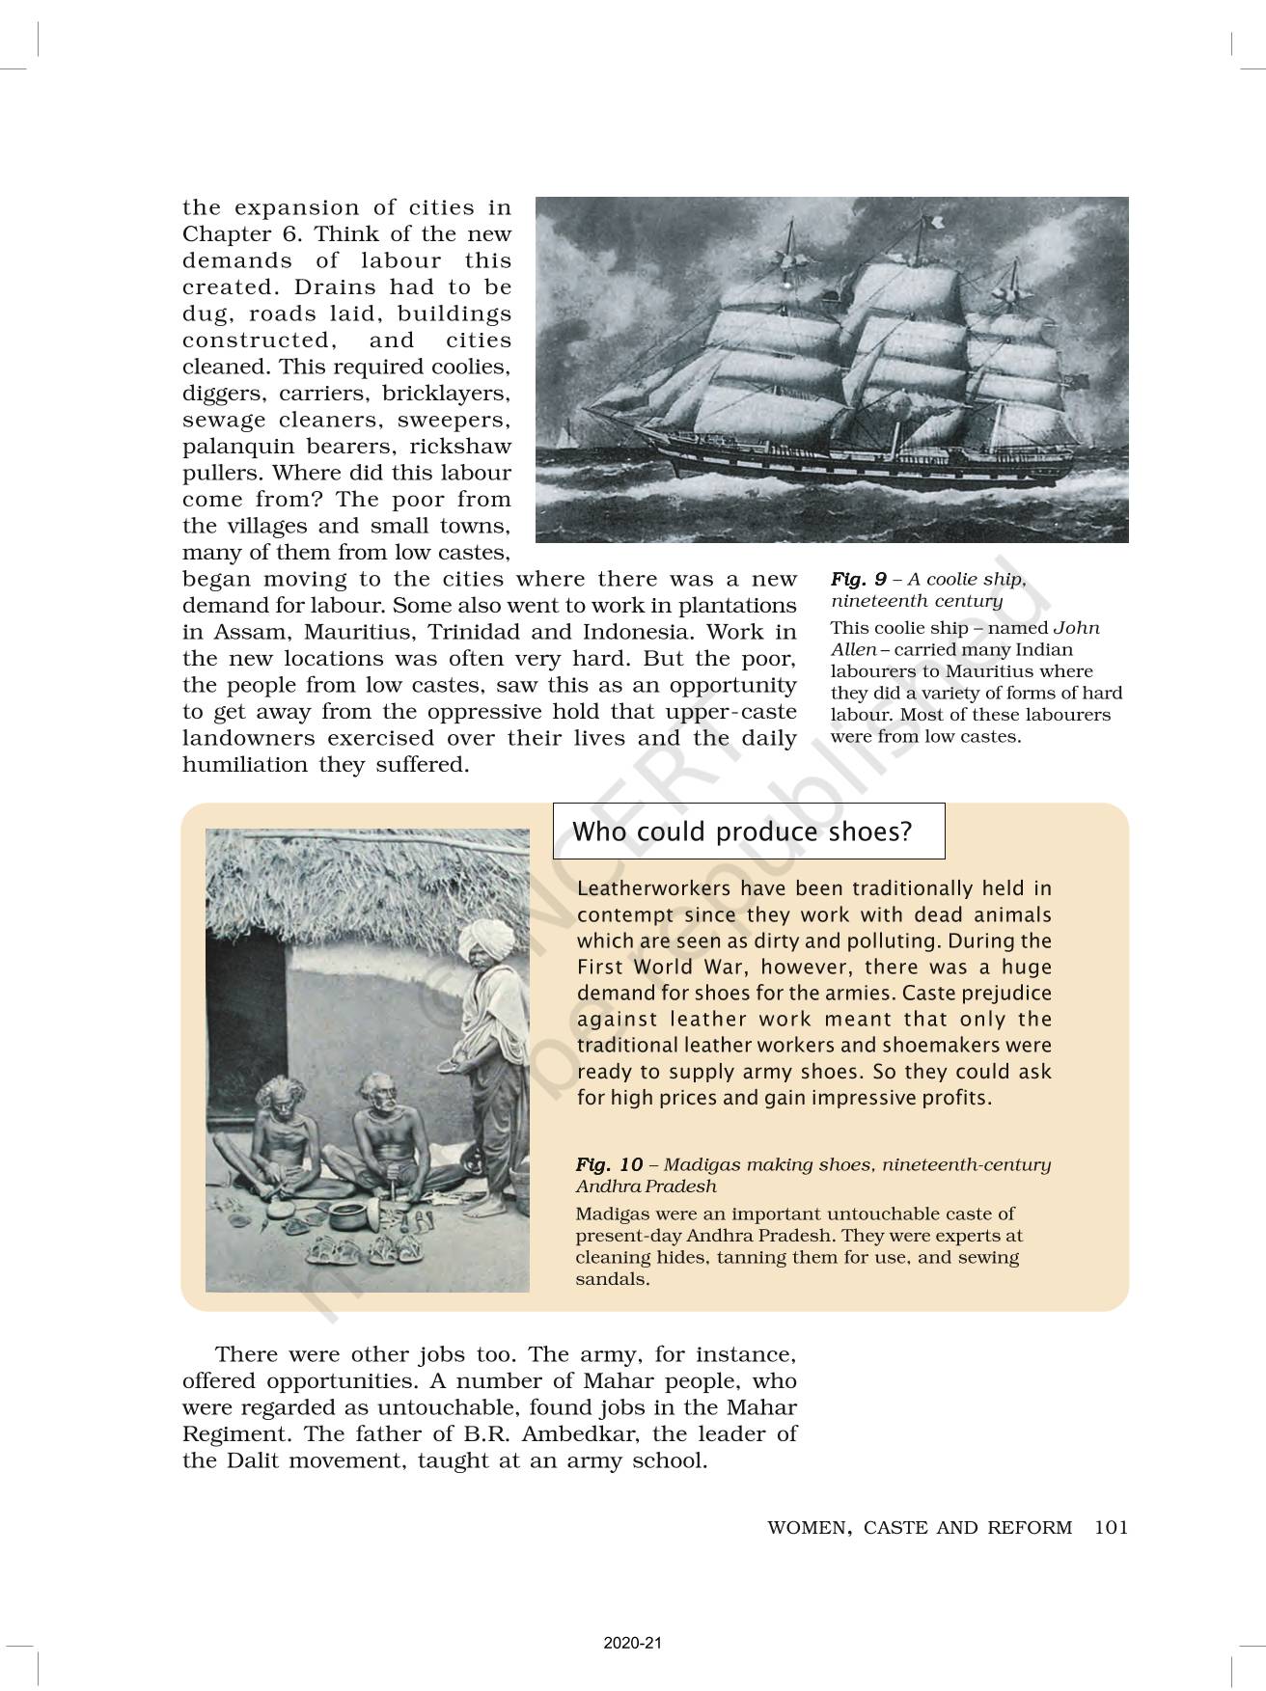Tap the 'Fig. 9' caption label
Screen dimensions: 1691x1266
(x=858, y=580)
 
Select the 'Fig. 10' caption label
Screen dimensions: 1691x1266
(x=609, y=1164)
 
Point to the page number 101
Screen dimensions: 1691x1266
(x=1112, y=1527)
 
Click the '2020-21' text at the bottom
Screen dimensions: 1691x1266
(x=633, y=1644)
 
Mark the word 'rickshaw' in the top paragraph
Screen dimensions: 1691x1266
(x=460, y=447)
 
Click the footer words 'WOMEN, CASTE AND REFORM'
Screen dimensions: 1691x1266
(x=919, y=1527)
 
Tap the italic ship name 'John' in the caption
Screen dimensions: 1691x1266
(x=1076, y=628)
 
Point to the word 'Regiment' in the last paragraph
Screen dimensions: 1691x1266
(x=227, y=1433)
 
